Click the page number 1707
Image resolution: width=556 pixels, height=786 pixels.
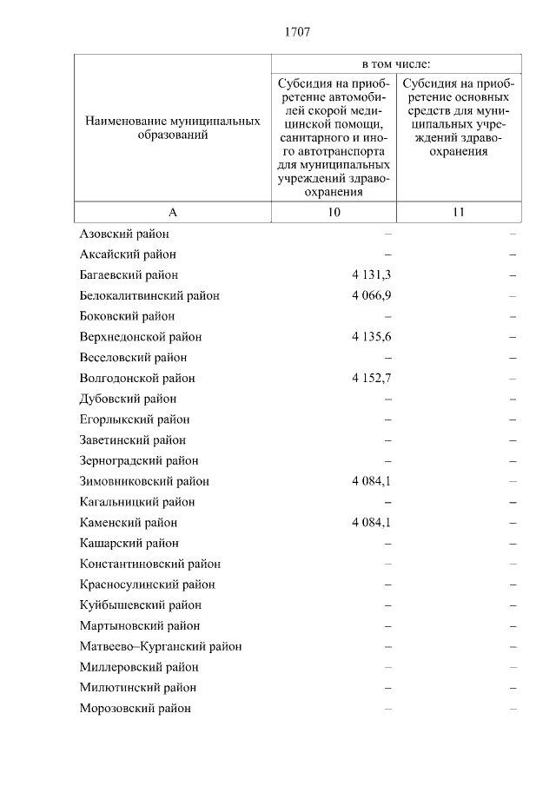tap(297, 33)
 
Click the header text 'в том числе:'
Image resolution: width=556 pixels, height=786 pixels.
tap(397, 65)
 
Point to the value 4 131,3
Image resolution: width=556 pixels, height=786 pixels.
tap(372, 274)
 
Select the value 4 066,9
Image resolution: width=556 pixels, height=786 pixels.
tap(372, 295)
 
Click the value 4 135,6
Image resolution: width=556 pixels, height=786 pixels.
tap(372, 336)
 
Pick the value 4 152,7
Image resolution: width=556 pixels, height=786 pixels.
tap(372, 378)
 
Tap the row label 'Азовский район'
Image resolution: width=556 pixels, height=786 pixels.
tap(124, 234)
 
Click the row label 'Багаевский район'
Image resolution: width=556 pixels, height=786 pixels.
tap(129, 274)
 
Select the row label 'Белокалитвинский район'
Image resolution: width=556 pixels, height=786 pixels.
tap(149, 295)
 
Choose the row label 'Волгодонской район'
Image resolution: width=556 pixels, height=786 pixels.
tap(137, 378)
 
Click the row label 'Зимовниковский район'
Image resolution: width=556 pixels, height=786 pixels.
tap(144, 481)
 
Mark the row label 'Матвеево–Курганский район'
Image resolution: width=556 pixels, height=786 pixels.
tap(160, 646)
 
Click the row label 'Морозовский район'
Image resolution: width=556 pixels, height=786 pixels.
tap(135, 708)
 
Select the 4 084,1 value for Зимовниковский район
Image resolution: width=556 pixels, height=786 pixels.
tap(372, 481)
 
